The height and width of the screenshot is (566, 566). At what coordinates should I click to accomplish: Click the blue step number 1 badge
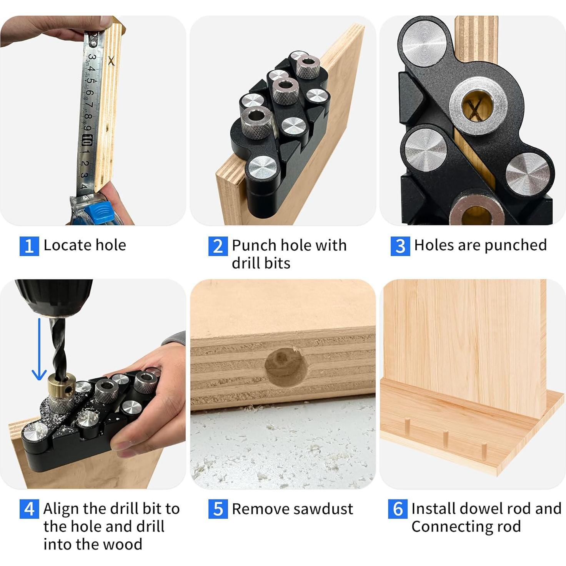click(x=29, y=246)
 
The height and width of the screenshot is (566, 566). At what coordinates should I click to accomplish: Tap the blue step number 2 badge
click(x=218, y=246)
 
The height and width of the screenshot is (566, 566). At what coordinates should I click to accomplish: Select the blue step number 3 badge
click(x=400, y=246)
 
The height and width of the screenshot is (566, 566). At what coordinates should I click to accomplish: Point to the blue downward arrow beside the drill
click(x=39, y=349)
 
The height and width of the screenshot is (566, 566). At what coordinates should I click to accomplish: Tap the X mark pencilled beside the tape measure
click(x=111, y=61)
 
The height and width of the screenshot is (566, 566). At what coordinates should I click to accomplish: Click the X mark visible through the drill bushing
click(x=475, y=109)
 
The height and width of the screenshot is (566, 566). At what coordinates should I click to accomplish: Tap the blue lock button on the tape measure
click(x=99, y=210)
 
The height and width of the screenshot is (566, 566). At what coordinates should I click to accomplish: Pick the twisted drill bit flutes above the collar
click(x=58, y=346)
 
